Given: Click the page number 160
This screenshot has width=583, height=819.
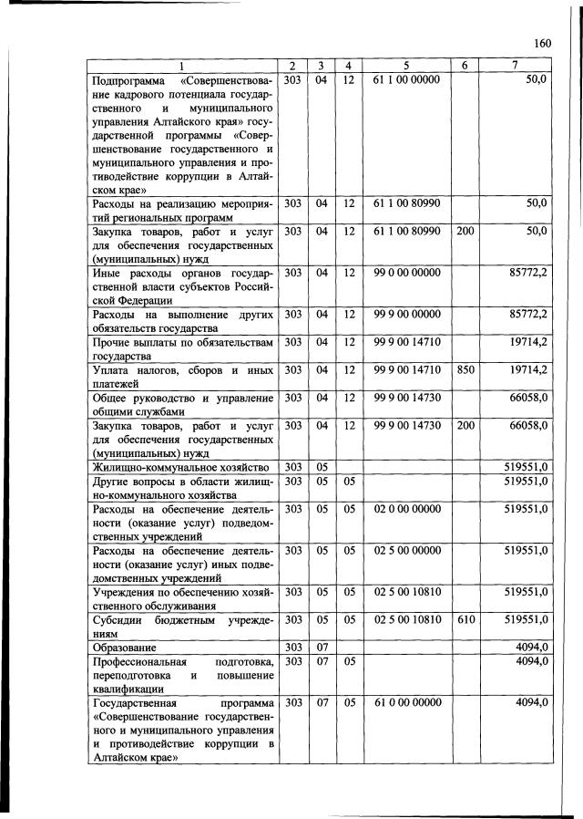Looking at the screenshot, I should tap(543, 43).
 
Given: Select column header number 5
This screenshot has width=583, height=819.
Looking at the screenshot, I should tap(406, 66).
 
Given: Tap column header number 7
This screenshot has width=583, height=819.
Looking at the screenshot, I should tap(516, 66).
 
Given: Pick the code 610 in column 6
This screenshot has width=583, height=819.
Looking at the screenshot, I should tap(465, 618).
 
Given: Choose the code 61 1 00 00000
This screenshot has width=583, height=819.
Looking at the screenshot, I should tap(406, 80).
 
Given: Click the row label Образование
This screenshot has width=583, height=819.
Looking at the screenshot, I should tap(127, 648).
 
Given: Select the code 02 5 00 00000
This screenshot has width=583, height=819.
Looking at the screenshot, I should tap(406, 550).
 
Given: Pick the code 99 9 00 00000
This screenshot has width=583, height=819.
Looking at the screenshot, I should tap(406, 315).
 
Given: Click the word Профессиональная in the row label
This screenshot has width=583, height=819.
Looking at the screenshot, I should tap(139, 661).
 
